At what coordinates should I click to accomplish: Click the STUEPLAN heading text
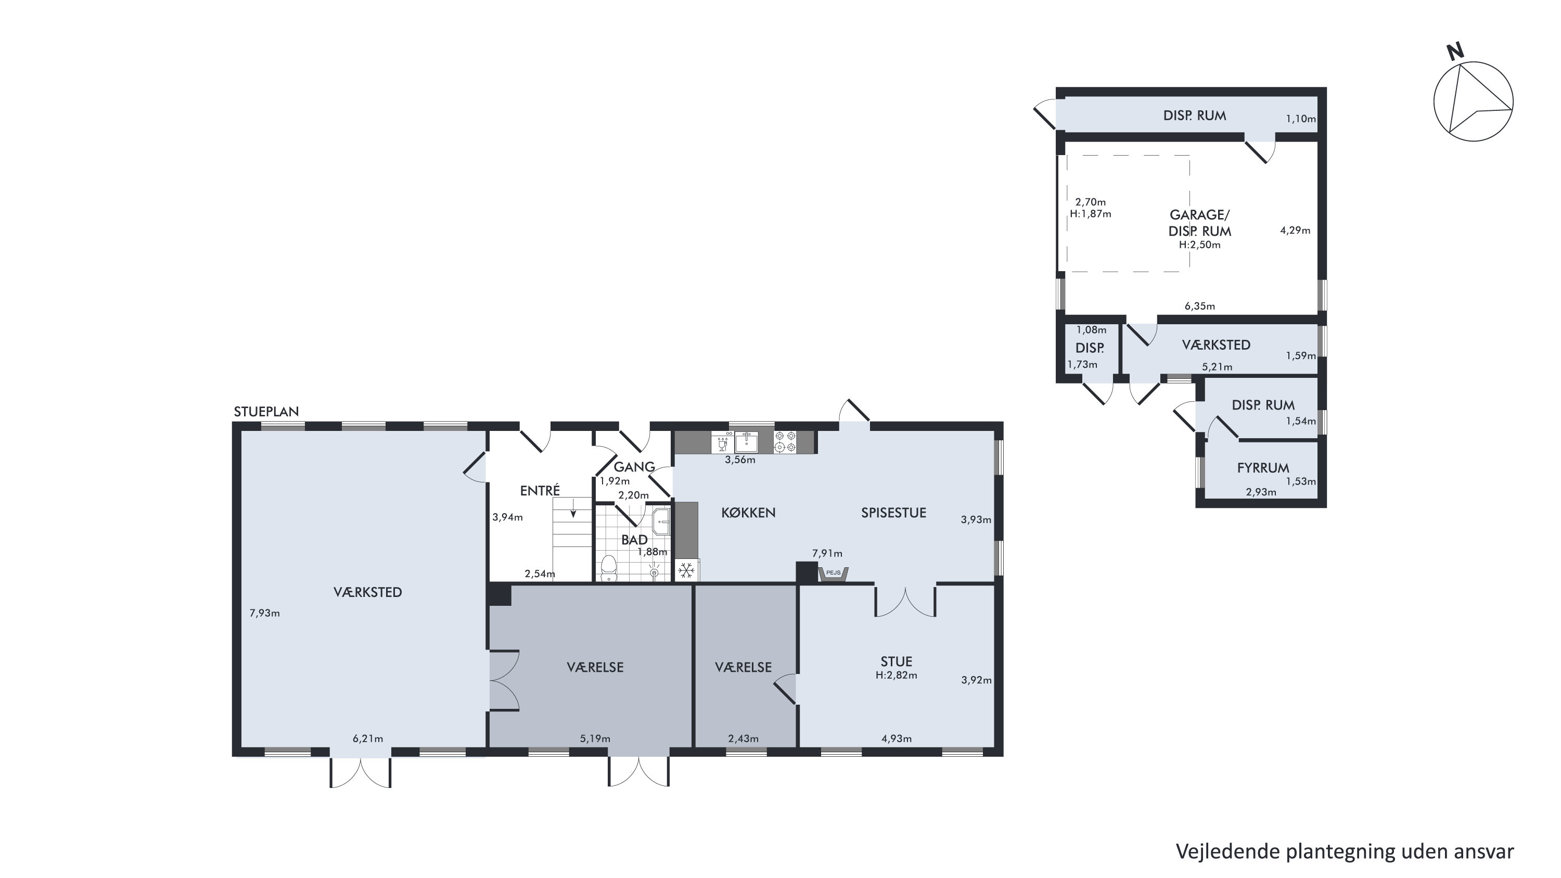(266, 412)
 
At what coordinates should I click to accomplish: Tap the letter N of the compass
(1455, 52)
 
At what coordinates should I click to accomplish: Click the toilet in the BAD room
(608, 567)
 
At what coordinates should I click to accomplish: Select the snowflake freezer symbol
(686, 570)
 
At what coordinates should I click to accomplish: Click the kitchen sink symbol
(747, 442)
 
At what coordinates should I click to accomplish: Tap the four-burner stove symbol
(785, 442)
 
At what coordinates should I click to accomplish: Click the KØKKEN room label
(748, 513)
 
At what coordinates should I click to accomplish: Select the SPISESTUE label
(894, 513)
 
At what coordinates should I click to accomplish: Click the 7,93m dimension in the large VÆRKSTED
(265, 613)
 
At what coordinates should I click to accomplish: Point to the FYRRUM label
(1263, 468)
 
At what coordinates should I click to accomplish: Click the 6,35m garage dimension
(1200, 306)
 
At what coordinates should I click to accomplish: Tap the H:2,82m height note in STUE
(896, 675)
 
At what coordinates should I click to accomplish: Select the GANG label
(634, 466)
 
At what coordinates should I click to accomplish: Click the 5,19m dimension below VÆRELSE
(595, 739)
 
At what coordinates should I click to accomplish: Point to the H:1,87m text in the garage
(1090, 213)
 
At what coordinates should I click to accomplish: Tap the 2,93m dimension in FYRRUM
(1261, 492)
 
